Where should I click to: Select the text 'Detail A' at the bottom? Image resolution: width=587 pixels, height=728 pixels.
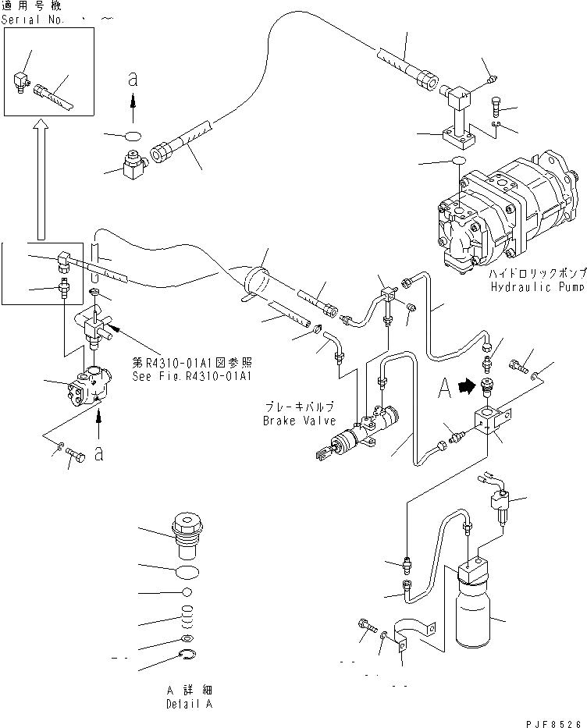pos(188,704)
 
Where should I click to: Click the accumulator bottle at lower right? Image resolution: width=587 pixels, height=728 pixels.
pos(473,609)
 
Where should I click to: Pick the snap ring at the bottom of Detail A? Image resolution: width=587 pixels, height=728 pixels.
pos(187,656)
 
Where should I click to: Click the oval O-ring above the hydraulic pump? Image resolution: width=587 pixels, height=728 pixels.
pos(457,162)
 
